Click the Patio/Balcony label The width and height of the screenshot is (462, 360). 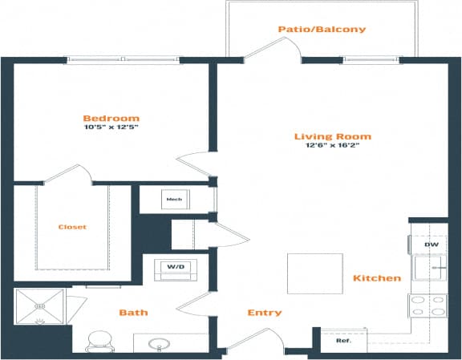[x=322, y=30]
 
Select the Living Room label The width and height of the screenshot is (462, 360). [x=329, y=136]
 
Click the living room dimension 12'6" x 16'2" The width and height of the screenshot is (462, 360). [x=329, y=146]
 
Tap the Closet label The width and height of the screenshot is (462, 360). [x=72, y=227]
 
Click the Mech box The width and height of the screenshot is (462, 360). [x=173, y=199]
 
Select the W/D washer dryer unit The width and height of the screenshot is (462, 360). [x=175, y=266]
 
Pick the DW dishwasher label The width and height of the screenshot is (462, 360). [x=430, y=244]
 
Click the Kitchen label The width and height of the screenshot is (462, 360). [x=376, y=278]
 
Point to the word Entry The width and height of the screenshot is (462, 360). [x=264, y=313]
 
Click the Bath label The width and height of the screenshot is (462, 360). [x=132, y=313]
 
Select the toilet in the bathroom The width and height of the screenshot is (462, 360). [x=101, y=342]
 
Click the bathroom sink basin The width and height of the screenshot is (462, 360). [x=159, y=346]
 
